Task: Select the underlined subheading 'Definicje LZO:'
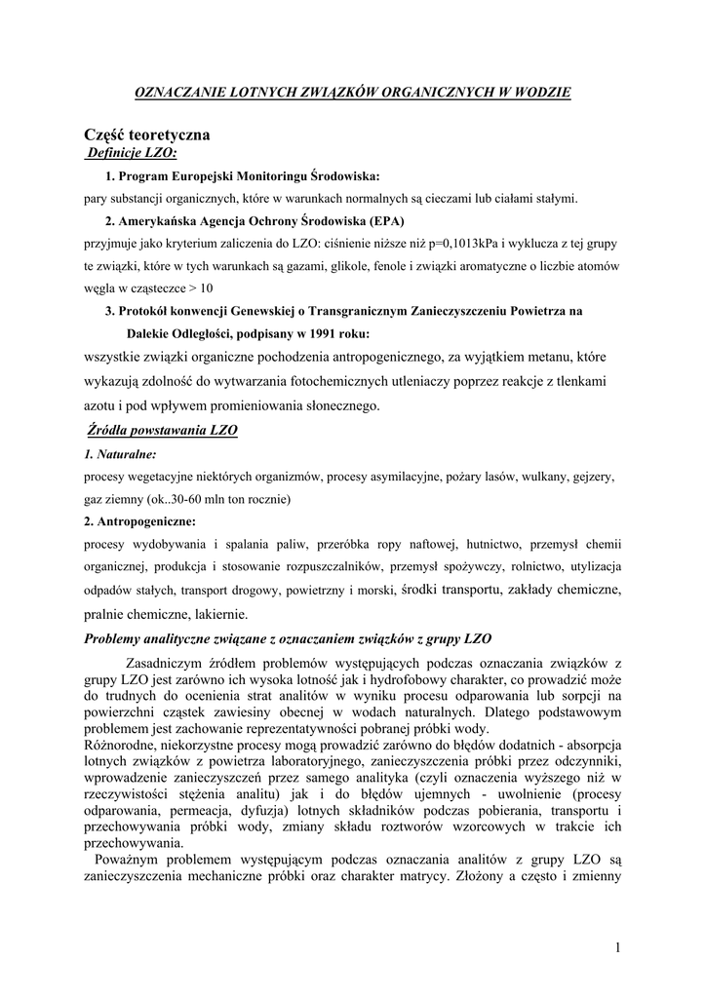tap(131, 153)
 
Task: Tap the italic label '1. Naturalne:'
tap(121, 455)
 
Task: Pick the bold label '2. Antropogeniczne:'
tap(139, 521)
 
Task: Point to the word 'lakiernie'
tap(220, 614)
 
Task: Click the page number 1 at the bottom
tap(618, 946)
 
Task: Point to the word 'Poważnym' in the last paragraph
tap(128, 859)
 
